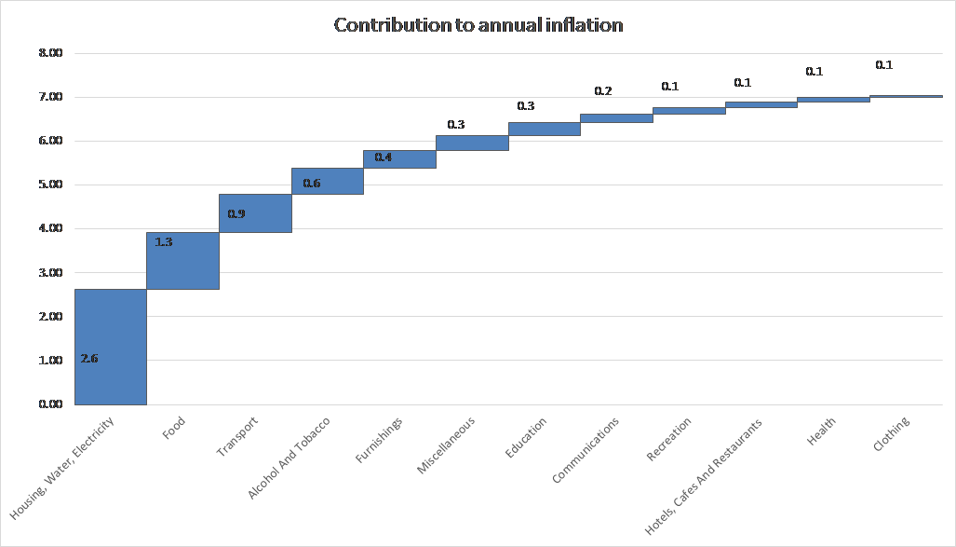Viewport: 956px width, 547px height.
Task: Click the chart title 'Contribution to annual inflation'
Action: (478, 25)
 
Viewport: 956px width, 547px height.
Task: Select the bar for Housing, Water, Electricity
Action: (111, 347)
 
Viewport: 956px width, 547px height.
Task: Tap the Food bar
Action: (182, 261)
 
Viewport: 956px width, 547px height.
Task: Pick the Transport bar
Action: (255, 213)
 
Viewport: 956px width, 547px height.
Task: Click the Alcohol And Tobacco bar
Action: (328, 181)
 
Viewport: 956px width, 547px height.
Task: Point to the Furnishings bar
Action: (400, 158)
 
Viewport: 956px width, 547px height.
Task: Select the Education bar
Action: (545, 129)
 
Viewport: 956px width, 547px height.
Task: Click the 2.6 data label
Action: (89, 359)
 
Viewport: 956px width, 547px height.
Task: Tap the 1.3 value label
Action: (164, 241)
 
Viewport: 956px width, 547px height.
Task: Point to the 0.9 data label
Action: (236, 213)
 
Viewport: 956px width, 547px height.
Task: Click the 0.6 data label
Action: (312, 184)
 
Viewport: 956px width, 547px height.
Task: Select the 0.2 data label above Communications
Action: (603, 91)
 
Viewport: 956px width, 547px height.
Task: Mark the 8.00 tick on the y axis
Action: (50, 53)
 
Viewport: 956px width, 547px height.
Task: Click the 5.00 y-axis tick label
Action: (50, 185)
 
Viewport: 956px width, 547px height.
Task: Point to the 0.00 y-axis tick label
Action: (50, 404)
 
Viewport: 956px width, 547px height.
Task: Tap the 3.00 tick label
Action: (50, 272)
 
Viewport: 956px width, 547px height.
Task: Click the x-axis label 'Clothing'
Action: (892, 433)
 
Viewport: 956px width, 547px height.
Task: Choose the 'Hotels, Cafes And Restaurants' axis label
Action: (704, 477)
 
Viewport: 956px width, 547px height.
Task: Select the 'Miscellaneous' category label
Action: (446, 445)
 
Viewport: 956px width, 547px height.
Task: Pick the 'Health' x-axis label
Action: (821, 431)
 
